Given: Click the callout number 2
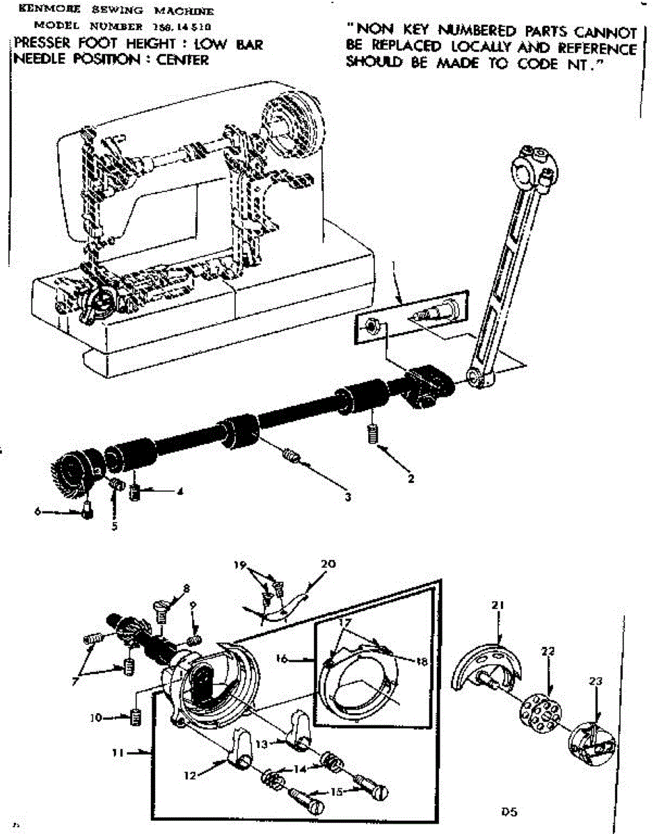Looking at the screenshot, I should [411, 479].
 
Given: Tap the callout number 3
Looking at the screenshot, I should [348, 496].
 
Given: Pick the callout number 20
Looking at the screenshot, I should [328, 564].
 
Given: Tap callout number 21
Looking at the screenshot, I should [497, 605].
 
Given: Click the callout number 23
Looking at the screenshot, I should [595, 682].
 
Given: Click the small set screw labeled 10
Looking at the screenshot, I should [136, 717].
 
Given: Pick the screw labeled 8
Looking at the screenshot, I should [163, 610].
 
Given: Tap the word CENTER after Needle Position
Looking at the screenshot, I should [184, 60].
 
